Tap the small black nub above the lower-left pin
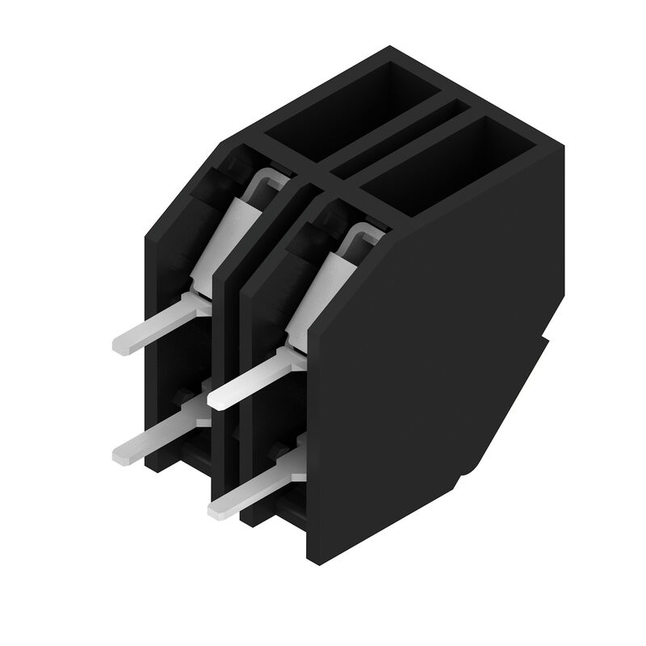(184, 396)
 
